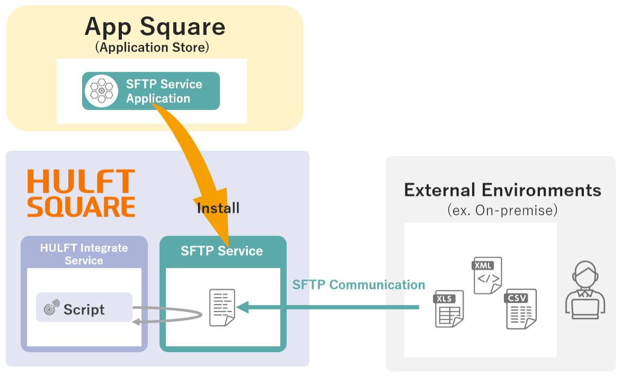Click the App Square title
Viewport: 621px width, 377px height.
pyautogui.click(x=155, y=26)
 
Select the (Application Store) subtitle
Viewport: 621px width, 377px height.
pyautogui.click(x=153, y=48)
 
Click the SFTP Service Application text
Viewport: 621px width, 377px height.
pyautogui.click(x=164, y=91)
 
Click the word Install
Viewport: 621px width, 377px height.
pyautogui.click(x=218, y=208)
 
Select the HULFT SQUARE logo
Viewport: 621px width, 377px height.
pyautogui.click(x=81, y=193)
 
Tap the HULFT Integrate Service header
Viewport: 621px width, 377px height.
pyautogui.click(x=84, y=254)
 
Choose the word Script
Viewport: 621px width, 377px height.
pyautogui.click(x=84, y=310)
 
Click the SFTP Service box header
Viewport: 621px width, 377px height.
pyautogui.click(x=222, y=251)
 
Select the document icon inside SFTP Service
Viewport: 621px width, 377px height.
pyautogui.click(x=222, y=308)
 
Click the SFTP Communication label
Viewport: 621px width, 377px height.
pyautogui.click(x=359, y=285)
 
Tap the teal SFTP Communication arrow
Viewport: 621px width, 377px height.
pyautogui.click(x=329, y=307)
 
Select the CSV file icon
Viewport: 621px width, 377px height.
pyautogui.click(x=520, y=309)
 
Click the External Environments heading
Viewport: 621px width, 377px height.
pyautogui.click(x=502, y=190)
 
